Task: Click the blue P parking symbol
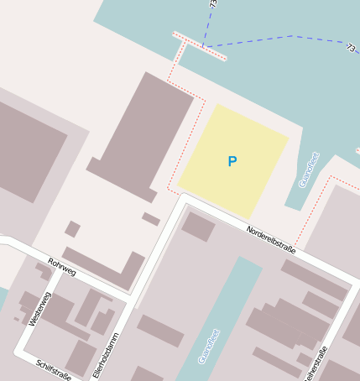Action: coord(232,161)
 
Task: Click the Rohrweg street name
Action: coord(62,267)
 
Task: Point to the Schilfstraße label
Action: coord(54,368)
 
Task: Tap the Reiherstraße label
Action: coord(315,362)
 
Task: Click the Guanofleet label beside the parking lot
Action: coord(308,170)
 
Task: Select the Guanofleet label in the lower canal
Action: coord(208,346)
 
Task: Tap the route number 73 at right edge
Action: coord(350,49)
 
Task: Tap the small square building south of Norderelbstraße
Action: coord(198,227)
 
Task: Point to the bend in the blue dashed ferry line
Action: coord(294,36)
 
